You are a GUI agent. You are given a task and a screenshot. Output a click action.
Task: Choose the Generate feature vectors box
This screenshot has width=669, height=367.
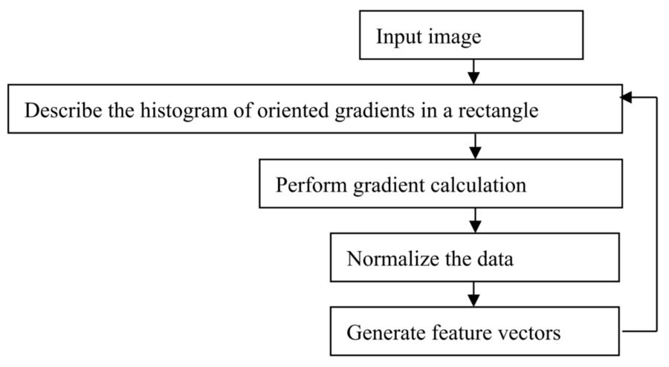click(x=475, y=331)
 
